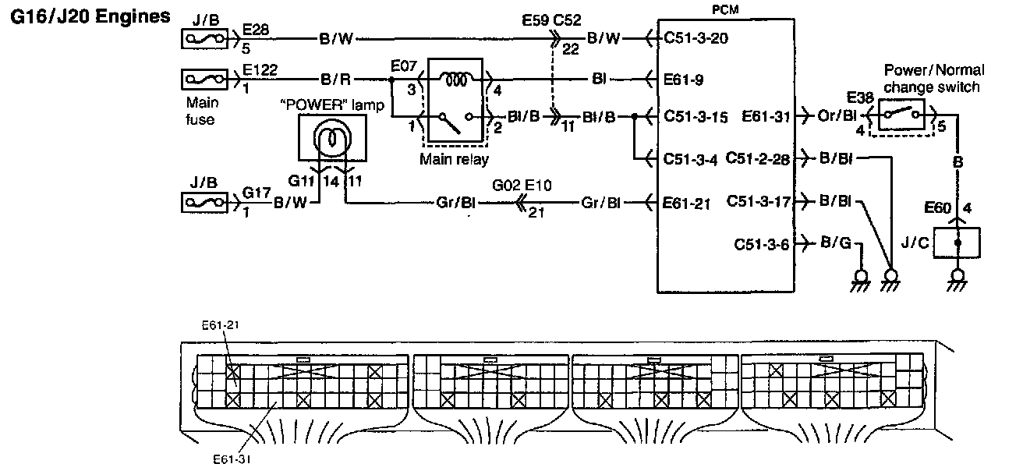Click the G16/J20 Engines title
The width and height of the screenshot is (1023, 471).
pos(90,16)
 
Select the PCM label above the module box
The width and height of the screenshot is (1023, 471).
pos(725,9)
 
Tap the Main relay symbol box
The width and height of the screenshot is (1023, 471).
pos(455,100)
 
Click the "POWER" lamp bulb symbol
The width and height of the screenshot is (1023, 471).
pos(332,137)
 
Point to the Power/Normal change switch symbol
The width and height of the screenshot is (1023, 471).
pos(901,114)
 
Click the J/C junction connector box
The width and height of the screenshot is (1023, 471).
pos(958,243)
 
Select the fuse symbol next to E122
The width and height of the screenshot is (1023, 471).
pos(204,80)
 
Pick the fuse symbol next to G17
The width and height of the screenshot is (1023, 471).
pos(204,202)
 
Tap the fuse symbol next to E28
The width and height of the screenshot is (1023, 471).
pos(204,39)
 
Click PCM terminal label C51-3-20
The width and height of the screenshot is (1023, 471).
pos(696,38)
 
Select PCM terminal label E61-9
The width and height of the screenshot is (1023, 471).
pos(683,80)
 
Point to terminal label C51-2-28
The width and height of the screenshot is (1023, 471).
pos(757,158)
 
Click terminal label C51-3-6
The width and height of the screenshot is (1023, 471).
pos(761,244)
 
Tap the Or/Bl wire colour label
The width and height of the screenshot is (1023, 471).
pos(837,115)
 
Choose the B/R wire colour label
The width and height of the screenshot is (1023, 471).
pos(335,80)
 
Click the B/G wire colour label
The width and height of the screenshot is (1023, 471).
pos(836,243)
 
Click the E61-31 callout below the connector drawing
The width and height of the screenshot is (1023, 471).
pos(232,459)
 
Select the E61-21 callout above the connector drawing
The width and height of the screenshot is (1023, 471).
pos(220,325)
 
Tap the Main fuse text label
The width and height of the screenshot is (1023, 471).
pos(201,111)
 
